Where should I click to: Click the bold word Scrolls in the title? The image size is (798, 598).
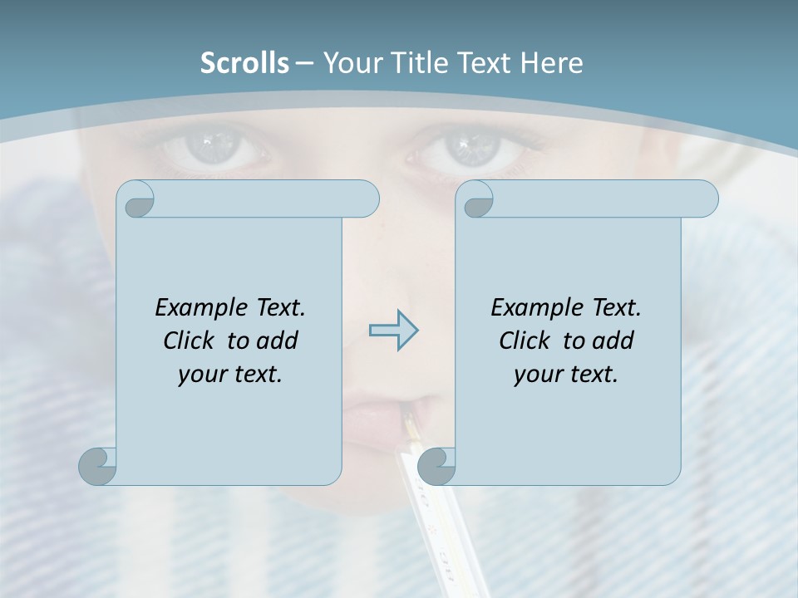[244, 63]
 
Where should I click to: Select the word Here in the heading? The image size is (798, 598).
[550, 63]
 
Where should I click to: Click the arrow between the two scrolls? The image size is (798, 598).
[393, 331]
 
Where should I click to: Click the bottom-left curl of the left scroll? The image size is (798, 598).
[98, 466]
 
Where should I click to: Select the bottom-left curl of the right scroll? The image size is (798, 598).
[436, 466]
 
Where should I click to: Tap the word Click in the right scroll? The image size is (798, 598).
[525, 341]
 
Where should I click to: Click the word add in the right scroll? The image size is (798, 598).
[613, 341]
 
